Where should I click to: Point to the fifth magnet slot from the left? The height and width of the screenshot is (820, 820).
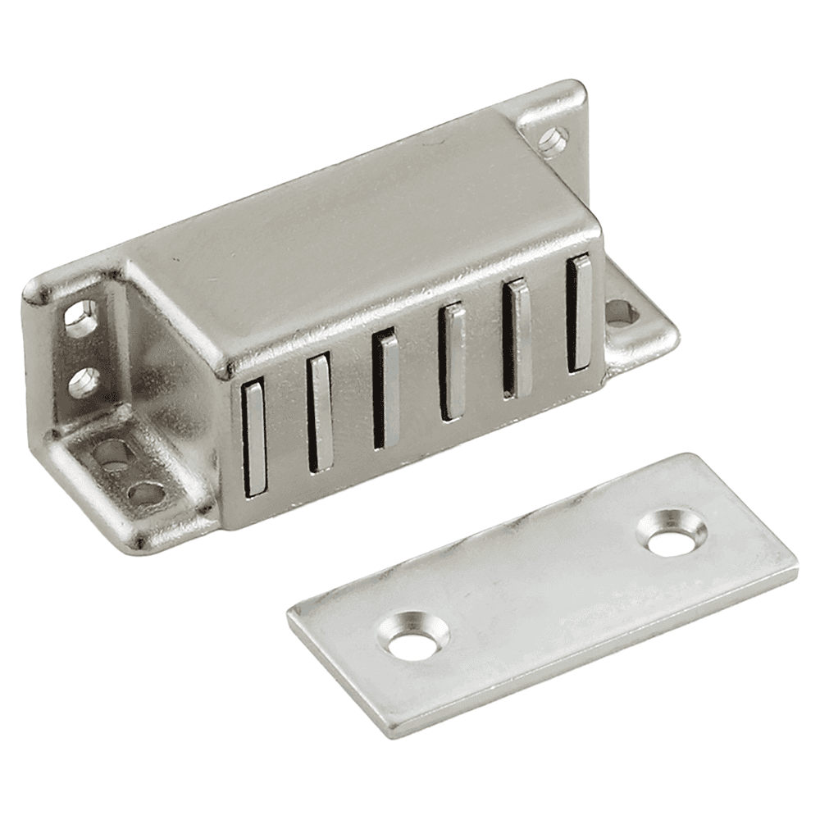[517, 339]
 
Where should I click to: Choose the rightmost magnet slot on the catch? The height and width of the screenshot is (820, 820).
[578, 314]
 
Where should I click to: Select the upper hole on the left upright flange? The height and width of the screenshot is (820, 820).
[80, 317]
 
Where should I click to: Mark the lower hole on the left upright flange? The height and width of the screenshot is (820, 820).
[83, 382]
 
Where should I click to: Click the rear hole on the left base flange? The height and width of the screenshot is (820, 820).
[108, 455]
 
